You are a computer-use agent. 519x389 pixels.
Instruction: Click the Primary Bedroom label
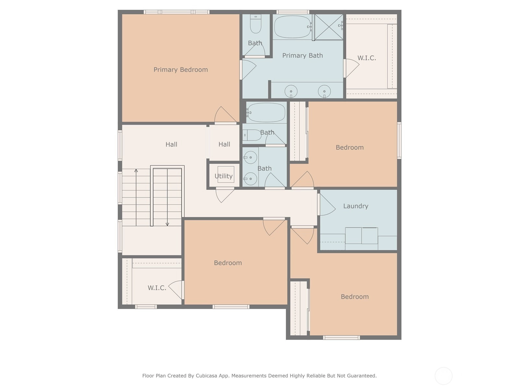[x=181, y=70]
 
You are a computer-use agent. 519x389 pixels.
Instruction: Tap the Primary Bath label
[x=302, y=55]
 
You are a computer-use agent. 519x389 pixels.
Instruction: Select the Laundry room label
[x=356, y=206]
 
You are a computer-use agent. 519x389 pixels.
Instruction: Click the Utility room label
[x=223, y=176]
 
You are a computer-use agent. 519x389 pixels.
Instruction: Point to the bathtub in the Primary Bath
[x=292, y=27]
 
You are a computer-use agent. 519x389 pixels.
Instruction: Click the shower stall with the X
[x=329, y=27]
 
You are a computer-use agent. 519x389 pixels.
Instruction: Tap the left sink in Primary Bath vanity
[x=291, y=91]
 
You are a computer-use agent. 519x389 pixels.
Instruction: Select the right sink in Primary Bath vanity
[x=324, y=91]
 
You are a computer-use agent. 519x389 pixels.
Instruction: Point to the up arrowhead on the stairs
[x=136, y=171]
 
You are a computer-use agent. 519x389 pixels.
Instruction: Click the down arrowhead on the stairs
[x=167, y=224]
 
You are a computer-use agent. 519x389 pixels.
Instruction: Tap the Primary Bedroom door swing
[x=225, y=115]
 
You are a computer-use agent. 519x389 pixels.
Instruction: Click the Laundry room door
[x=326, y=205]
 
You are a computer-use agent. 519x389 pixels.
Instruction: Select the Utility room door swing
[x=224, y=195]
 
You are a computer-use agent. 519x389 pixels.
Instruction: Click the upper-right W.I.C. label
[x=367, y=58]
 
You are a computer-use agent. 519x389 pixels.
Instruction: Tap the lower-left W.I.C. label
[x=157, y=288]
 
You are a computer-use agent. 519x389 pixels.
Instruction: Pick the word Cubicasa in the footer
[x=206, y=375]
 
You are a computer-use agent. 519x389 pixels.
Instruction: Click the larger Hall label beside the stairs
[x=171, y=144]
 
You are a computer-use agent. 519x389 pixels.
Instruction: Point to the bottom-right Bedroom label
[x=355, y=297]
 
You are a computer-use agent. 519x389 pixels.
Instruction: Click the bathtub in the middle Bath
[x=266, y=112]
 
